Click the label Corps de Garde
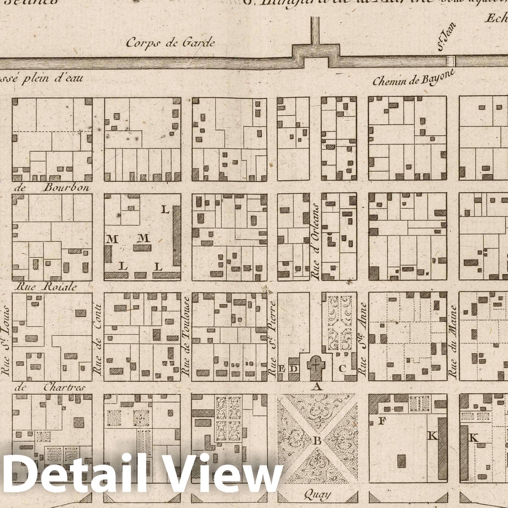[170, 43]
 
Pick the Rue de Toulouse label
[186, 337]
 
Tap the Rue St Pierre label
[272, 338]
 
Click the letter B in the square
[317, 441]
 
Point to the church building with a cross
[316, 364]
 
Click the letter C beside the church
[342, 369]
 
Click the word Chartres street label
[64, 388]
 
